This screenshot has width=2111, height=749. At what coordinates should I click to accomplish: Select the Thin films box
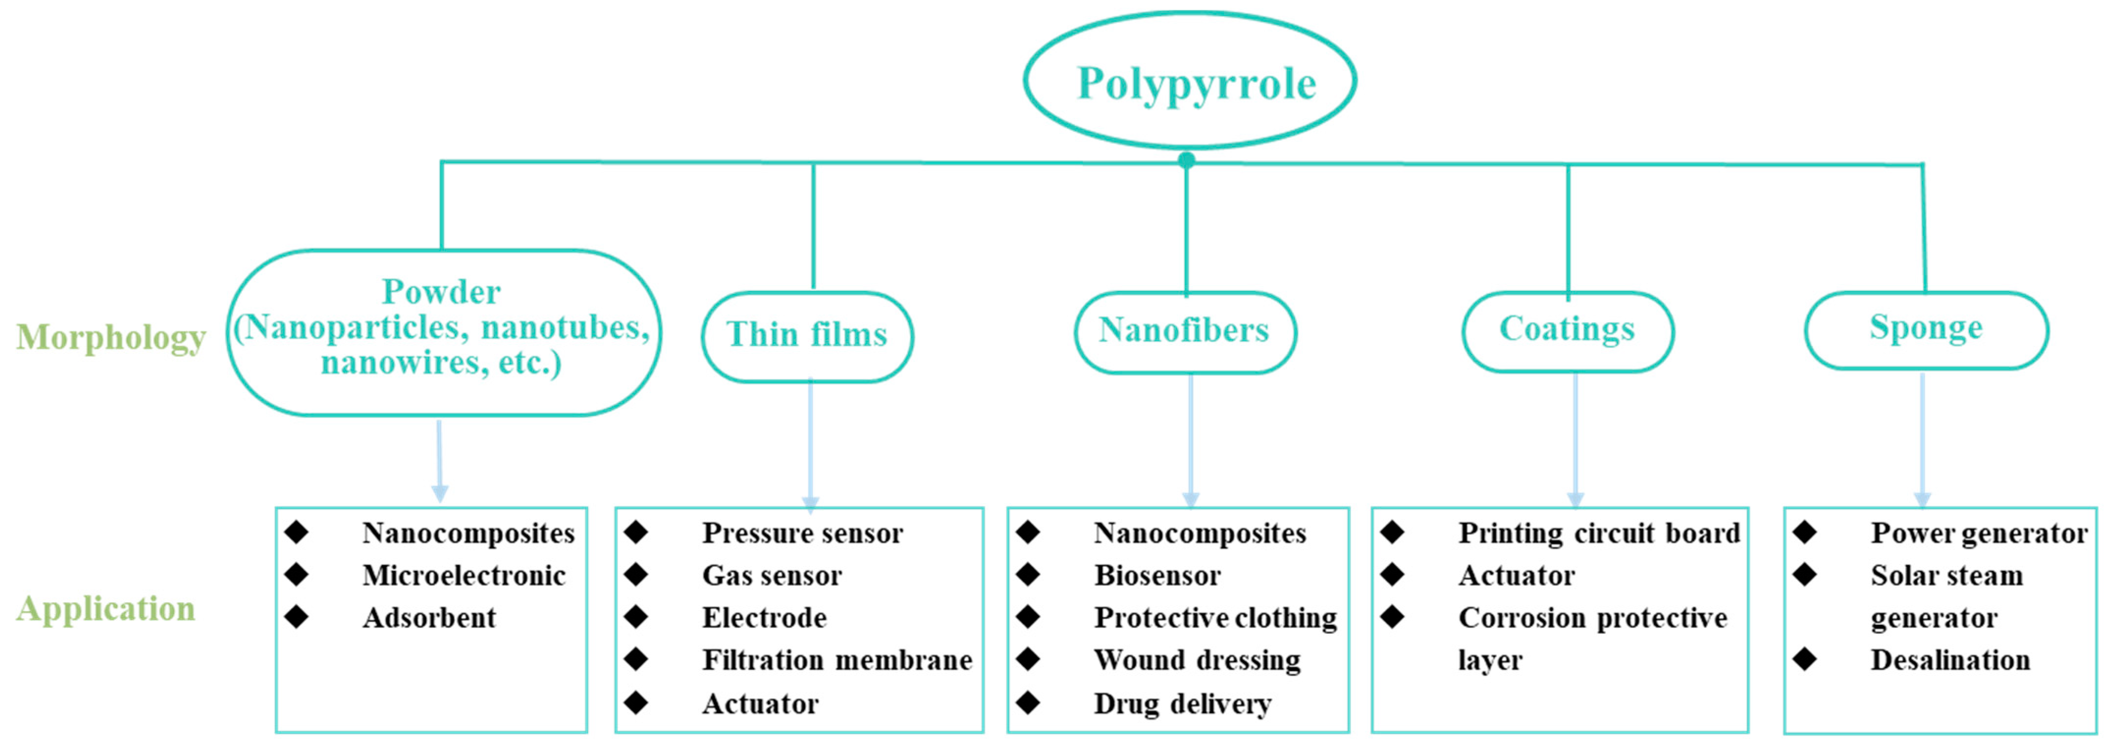coord(807,336)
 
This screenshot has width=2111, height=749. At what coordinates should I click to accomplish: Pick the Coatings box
coord(1567,330)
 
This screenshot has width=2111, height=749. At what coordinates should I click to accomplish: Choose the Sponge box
coord(1926,329)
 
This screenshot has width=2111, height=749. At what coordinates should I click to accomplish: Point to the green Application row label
coord(106,609)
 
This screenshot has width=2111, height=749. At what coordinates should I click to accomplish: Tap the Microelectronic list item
coord(464,575)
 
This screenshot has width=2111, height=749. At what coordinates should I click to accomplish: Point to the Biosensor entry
coord(1157,575)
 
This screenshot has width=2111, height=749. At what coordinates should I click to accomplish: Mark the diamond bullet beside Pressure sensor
coord(636,533)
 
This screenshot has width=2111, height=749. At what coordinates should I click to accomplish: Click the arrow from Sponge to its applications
coord(1923,438)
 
